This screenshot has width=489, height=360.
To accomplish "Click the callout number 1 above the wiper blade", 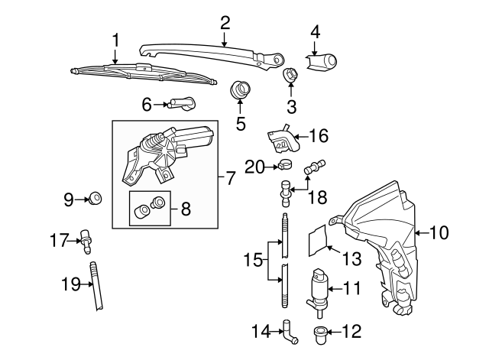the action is tap(115, 40).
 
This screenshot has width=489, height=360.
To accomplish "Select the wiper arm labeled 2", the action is tap(212, 54).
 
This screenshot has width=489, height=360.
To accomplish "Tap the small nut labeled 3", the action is tap(290, 76).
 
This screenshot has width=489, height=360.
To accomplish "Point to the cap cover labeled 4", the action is tap(321, 62).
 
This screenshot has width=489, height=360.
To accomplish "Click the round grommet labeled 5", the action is tap(240, 89).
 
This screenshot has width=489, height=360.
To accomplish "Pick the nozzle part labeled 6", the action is tap(181, 103).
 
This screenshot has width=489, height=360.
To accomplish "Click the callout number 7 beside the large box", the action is tap(229, 177).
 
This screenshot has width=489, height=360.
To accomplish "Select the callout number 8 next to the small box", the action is tap(186, 209).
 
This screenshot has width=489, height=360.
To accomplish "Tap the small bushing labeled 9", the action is tap(95, 199).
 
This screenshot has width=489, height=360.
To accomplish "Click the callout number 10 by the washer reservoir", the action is tap(439, 232).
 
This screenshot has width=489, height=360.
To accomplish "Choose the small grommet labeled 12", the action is tap(319, 335).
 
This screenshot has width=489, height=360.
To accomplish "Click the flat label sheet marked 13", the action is tap(318, 240).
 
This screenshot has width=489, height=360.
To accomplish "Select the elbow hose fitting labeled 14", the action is tap(290, 332).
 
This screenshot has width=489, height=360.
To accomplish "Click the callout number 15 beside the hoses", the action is tap(253, 260).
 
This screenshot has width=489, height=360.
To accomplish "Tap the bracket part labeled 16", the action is tap(282, 139).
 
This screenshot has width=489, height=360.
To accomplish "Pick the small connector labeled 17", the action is tap(86, 242).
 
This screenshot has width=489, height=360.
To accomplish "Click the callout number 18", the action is tap(318, 197).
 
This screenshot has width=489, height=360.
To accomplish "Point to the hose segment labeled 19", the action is tap(96, 286).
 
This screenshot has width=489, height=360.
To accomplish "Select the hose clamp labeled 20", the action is tap(285, 164).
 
